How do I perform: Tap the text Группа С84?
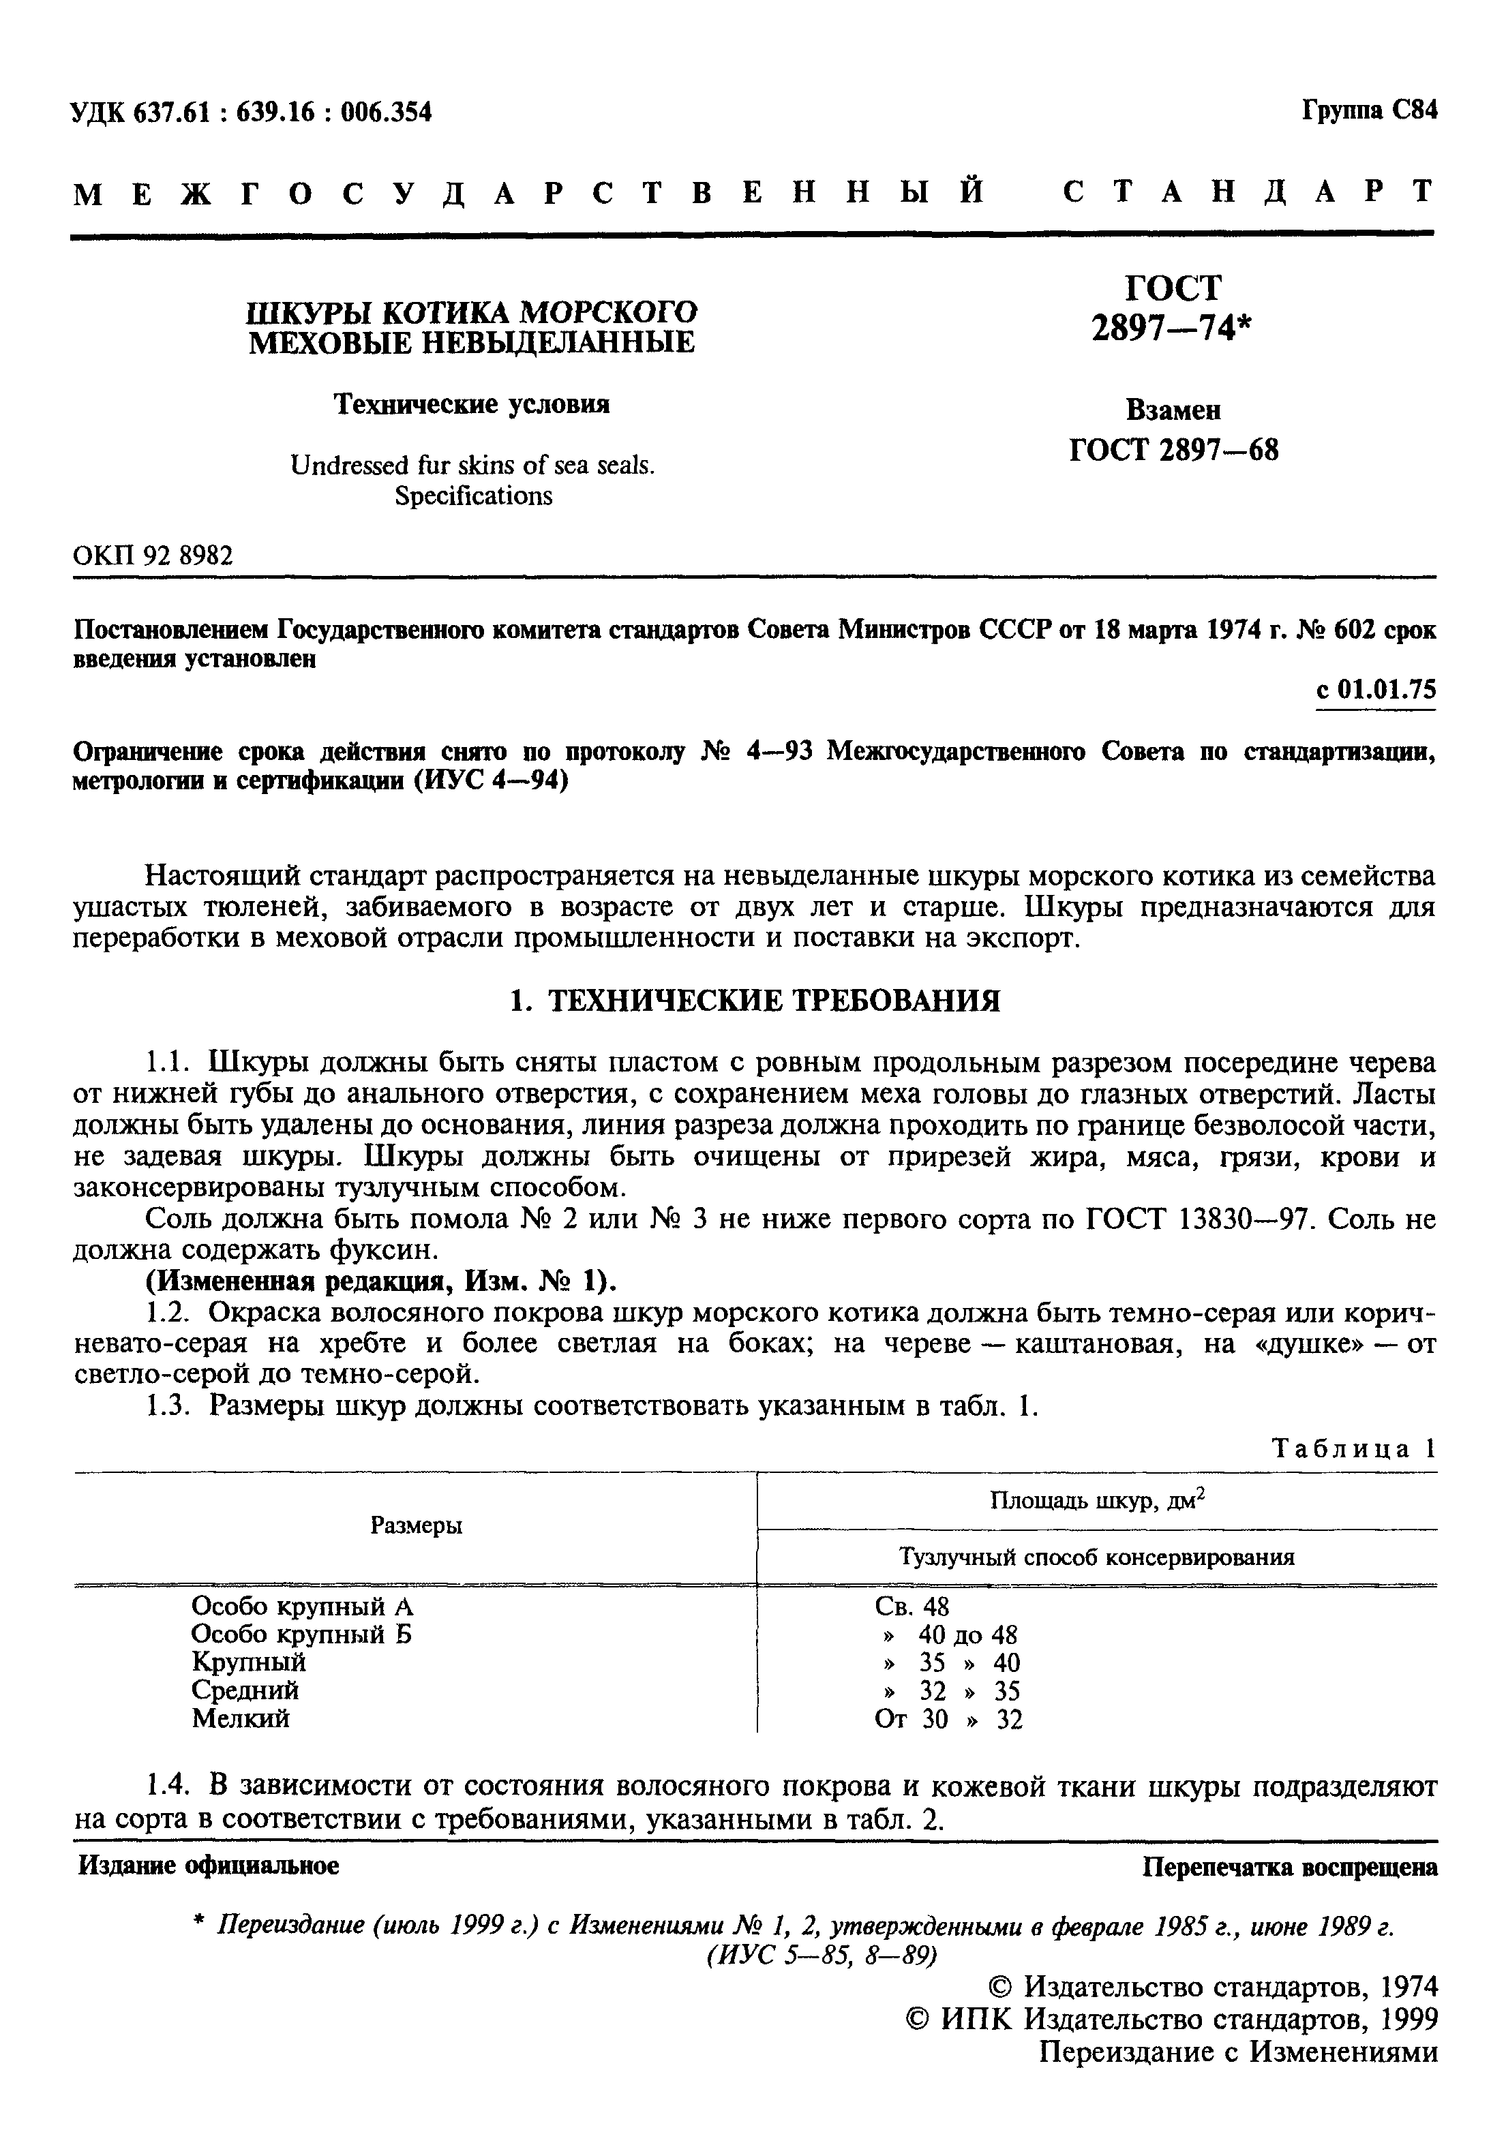[x=1369, y=110]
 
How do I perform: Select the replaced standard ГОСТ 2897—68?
[x=1173, y=451]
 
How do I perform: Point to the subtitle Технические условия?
[x=472, y=404]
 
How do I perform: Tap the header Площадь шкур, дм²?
[x=1097, y=1500]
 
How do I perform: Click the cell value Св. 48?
[x=912, y=1606]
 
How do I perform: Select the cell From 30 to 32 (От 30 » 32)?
[x=948, y=1719]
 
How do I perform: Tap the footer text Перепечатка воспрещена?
[x=1290, y=1868]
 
